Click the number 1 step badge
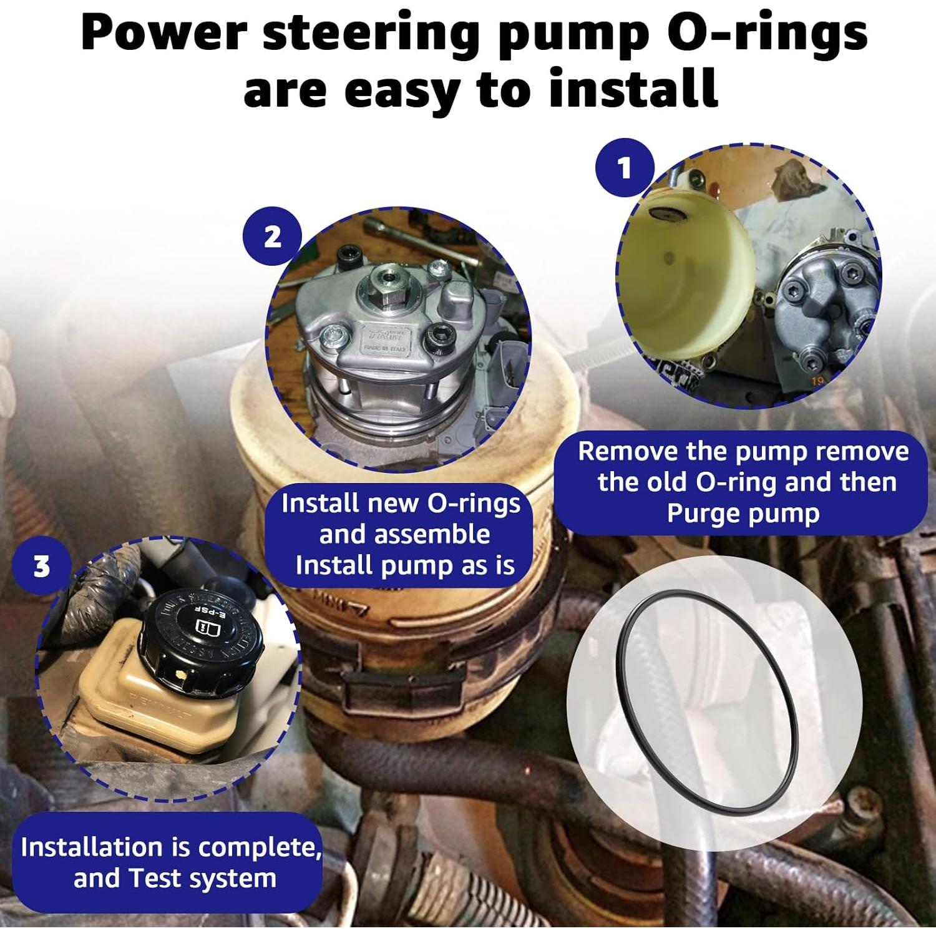pyautogui.click(x=625, y=168)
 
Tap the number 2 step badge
pyautogui.click(x=273, y=237)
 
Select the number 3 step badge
pyautogui.click(x=41, y=567)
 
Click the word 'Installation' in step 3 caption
pyautogui.click(x=91, y=847)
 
